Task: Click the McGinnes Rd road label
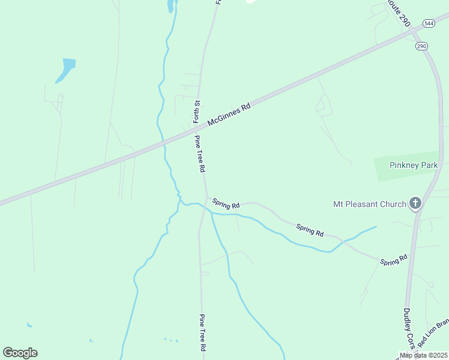coord(229,115)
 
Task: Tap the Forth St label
coord(196,112)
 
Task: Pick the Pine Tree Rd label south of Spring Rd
coord(203,333)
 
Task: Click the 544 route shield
coord(429,23)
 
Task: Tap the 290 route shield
coord(421,46)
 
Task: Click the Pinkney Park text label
coord(414,165)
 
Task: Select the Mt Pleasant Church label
coord(370,204)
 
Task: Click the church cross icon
coord(415,204)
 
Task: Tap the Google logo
coord(20,353)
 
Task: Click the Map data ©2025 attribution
coord(423,355)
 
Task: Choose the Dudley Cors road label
coord(407,329)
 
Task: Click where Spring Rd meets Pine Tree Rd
coord(207,197)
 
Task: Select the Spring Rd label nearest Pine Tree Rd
coord(226,204)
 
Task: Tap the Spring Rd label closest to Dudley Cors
coord(394,260)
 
